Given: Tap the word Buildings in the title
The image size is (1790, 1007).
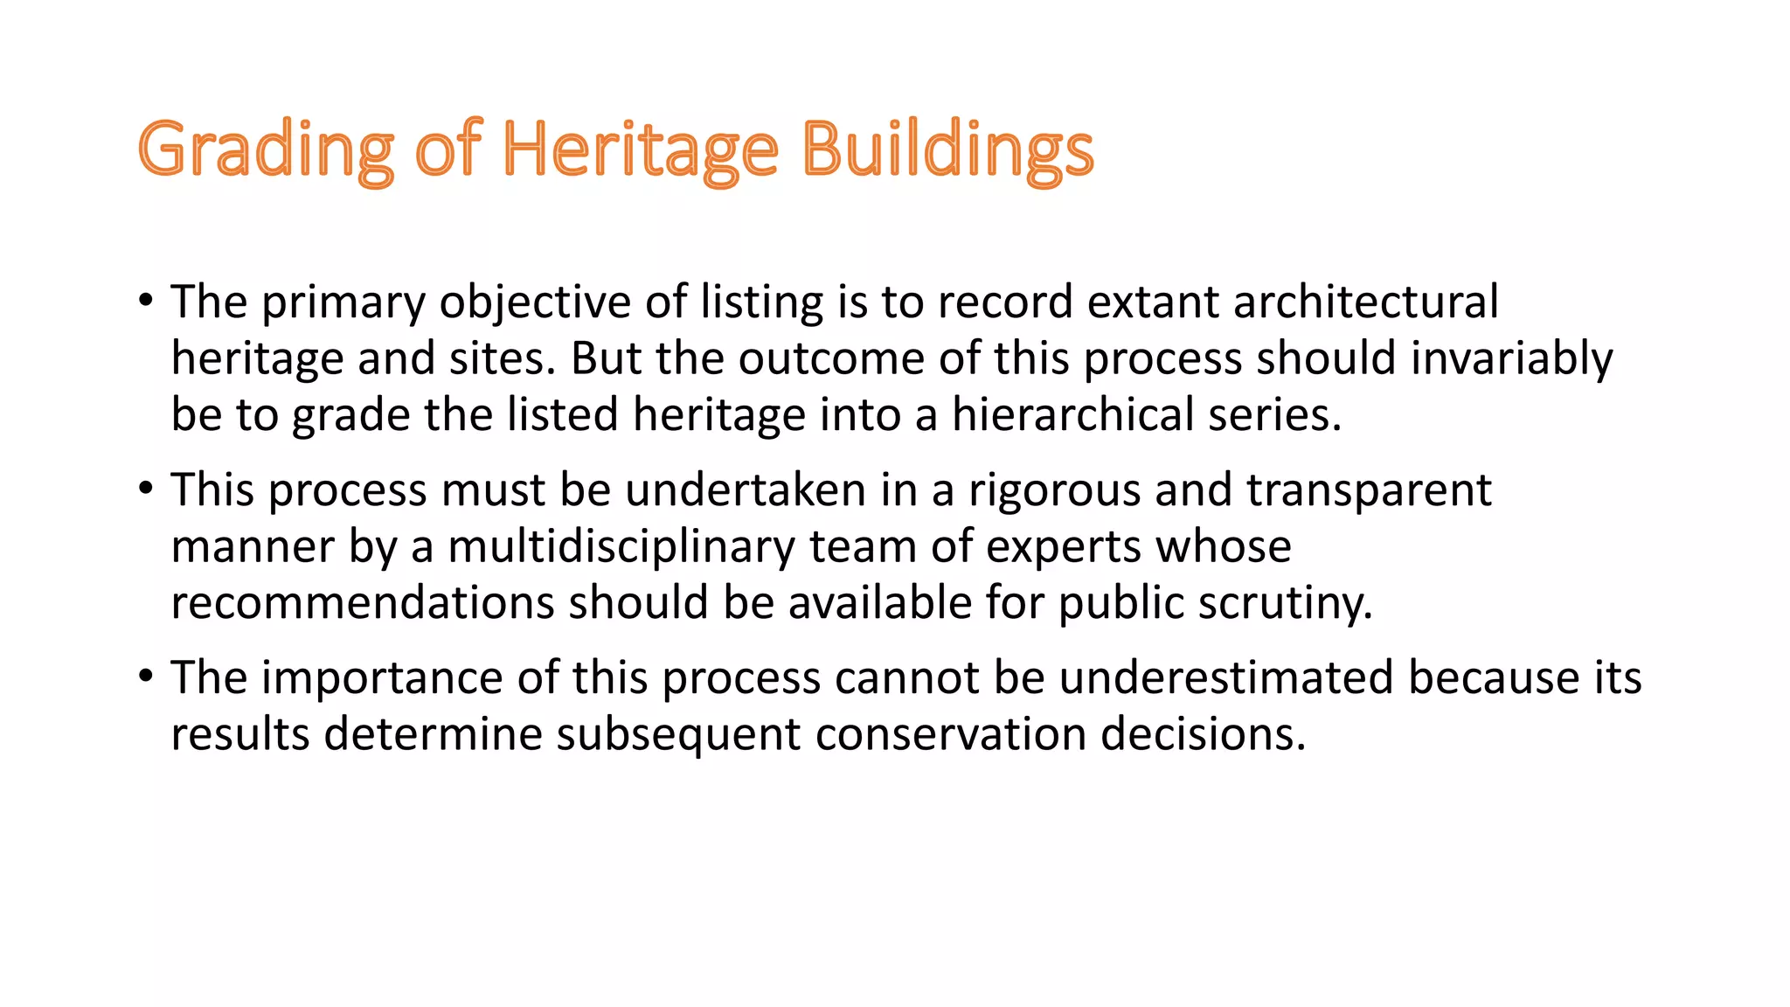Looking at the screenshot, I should [947, 150].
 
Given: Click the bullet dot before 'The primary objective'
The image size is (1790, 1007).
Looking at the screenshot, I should [146, 301].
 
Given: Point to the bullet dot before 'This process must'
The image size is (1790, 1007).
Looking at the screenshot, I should [146, 489].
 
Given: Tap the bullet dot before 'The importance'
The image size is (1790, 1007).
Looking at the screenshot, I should [146, 677].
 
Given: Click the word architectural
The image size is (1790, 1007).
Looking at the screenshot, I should [1365, 302].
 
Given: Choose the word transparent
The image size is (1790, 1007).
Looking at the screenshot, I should [1369, 490].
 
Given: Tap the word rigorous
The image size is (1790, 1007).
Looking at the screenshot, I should [1054, 490].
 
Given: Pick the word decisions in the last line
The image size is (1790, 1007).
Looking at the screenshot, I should [1203, 734].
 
